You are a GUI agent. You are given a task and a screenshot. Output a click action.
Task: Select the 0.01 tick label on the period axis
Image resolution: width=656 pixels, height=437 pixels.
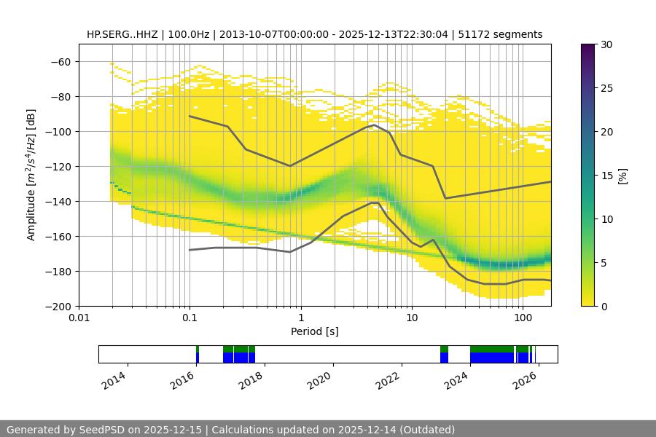point(79,318)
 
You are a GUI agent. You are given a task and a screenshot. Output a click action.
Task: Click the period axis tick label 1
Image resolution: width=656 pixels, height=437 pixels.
point(300,318)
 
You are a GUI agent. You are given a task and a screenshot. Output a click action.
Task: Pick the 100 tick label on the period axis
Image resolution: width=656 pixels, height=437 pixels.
point(522,318)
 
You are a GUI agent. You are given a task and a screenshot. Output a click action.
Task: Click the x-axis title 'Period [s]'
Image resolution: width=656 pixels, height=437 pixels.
point(314,331)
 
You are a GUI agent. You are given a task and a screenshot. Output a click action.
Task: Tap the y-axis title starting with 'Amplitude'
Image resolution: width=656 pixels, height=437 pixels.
point(31,175)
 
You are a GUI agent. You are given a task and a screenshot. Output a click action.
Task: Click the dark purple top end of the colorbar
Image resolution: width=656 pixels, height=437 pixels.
point(588,47)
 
